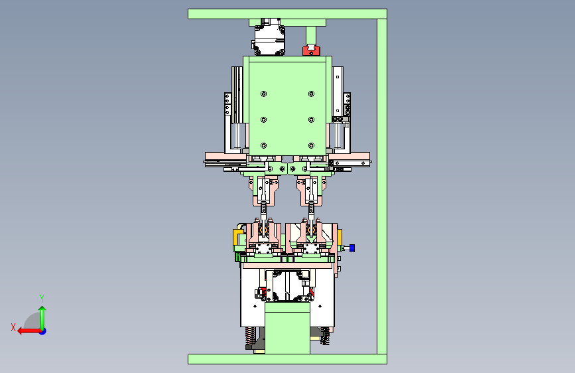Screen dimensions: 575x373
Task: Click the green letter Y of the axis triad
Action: pos(42,298)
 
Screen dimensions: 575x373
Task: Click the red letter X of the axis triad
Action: pos(13,327)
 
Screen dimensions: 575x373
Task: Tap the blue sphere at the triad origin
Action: pos(43,331)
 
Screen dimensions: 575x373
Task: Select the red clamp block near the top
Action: pos(311,50)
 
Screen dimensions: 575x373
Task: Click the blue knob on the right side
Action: pos(352,248)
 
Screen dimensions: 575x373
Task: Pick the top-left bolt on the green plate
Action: pos(264,94)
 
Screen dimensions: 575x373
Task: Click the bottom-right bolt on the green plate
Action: pos(311,146)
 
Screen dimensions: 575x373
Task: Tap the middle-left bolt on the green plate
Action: pos(264,119)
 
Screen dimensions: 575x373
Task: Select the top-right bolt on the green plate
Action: pos(311,94)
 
